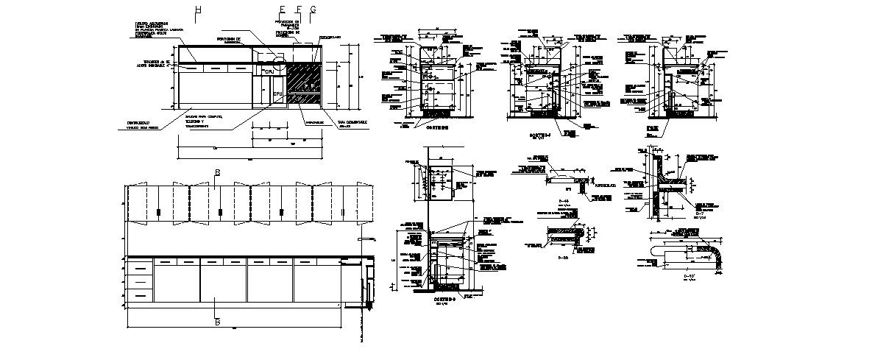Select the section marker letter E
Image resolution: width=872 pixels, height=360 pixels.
click(282, 10)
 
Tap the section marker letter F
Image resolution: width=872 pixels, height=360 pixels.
click(298, 10)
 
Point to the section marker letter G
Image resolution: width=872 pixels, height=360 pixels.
click(313, 10)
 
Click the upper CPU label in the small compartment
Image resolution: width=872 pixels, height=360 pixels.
click(269, 71)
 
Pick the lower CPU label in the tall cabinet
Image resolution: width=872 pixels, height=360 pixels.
click(278, 95)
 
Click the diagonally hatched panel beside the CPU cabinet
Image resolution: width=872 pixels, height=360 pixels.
click(302, 85)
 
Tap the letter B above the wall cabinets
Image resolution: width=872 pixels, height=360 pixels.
click(217, 173)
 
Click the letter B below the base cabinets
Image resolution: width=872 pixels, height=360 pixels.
click(217, 322)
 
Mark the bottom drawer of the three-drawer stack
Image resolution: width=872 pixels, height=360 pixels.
click(140, 294)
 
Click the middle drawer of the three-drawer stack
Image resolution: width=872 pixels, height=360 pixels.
click(140, 280)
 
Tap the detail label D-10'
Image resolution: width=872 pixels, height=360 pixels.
click(690, 276)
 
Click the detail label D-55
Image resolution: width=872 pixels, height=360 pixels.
click(564, 258)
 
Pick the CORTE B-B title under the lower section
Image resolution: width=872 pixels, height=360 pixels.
click(445, 300)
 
